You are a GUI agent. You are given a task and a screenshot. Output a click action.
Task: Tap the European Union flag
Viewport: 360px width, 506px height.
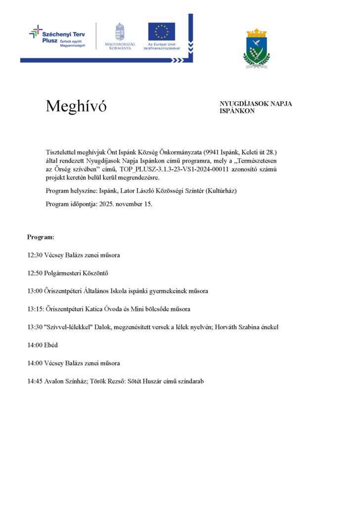tap(161, 31)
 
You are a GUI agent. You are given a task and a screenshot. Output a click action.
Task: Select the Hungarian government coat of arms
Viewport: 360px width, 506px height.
tap(119, 32)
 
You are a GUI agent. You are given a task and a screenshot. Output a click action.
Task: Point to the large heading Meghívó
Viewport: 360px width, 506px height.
tap(76, 106)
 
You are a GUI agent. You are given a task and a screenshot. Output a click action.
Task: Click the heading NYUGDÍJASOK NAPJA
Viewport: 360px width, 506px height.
tap(256, 104)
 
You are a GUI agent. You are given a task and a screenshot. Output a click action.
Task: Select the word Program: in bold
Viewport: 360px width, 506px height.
tap(41, 237)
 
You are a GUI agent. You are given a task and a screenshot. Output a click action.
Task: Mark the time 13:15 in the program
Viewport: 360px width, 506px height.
tap(36, 309)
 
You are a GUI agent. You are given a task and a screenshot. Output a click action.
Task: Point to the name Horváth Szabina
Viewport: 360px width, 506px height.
tap(234, 327)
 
